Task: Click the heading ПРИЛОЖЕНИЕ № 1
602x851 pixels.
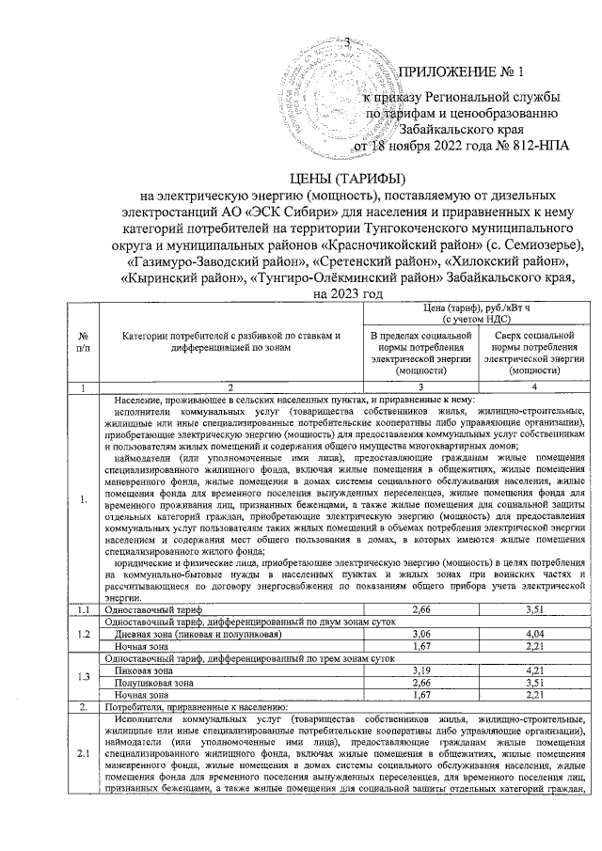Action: (463, 71)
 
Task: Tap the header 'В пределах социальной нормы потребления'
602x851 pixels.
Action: (420, 353)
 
